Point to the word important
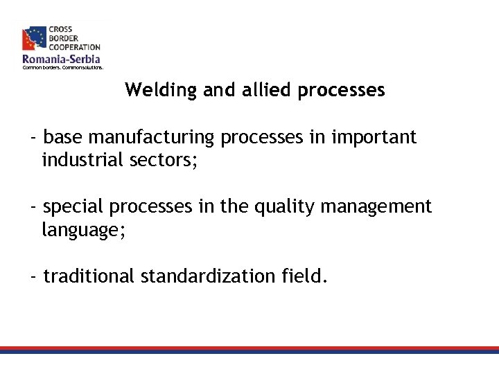pos(374,137)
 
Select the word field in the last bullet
pos(303,276)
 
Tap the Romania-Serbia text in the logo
pos(61,60)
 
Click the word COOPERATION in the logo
pos(73,47)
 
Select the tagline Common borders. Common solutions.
pos(62,68)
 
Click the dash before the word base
pos(34,137)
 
